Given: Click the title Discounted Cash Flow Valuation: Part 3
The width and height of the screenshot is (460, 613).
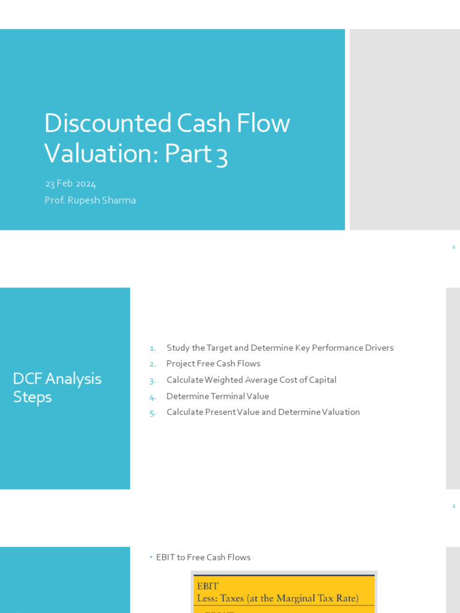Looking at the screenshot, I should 167,138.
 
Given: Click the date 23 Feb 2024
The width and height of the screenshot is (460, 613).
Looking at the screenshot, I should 70,184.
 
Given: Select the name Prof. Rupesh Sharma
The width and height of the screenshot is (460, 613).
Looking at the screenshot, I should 90,200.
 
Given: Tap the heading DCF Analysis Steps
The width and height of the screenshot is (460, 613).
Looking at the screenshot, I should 57,387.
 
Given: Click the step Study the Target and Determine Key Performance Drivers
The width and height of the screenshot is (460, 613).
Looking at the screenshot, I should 280,348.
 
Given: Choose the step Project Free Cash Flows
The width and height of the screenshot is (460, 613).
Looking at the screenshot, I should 213,363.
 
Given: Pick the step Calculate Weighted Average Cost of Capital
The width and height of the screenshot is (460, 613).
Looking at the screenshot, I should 252,380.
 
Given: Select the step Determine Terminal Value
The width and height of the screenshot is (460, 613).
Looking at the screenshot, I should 217,396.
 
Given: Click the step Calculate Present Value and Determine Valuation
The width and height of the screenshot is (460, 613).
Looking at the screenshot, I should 263,412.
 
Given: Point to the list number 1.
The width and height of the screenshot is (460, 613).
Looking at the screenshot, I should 152,348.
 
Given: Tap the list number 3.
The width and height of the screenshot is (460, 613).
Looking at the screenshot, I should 152,380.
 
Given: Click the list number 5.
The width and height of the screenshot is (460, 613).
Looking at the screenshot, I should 152,412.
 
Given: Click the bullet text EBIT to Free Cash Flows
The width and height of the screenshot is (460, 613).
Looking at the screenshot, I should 203,557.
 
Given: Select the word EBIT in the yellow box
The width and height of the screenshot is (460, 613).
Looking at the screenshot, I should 208,586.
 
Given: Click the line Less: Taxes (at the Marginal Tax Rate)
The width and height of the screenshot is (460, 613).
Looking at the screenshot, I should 277,598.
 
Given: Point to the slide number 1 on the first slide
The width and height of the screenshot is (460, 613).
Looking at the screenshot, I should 453,247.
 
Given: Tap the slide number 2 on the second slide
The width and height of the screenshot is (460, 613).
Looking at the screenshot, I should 453,506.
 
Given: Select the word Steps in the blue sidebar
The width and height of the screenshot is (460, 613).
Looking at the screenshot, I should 32,397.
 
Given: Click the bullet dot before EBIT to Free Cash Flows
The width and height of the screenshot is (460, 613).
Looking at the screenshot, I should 151,557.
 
